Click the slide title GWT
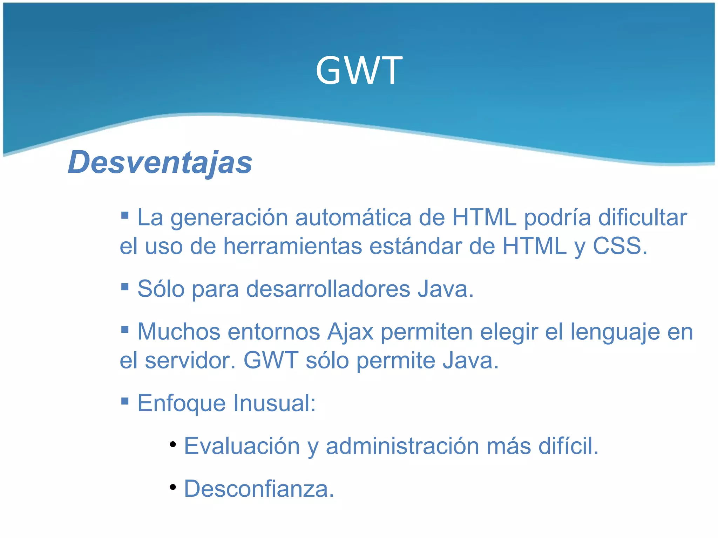pyautogui.click(x=359, y=71)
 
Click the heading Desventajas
pyautogui.click(x=160, y=163)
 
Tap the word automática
pyautogui.click(x=353, y=218)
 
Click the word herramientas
pyautogui.click(x=293, y=246)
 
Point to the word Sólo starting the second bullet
pyautogui.click(x=161, y=289)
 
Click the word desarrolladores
pyautogui.click(x=328, y=289)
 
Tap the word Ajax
pyautogui.click(x=350, y=332)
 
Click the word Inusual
pyautogui.click(x=275, y=403)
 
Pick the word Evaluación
pyautogui.click(x=242, y=446)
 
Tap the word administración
pyautogui.click(x=402, y=446)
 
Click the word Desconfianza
pyautogui.click(x=259, y=489)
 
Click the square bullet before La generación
pyautogui.click(x=125, y=215)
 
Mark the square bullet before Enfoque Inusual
pyautogui.click(x=125, y=400)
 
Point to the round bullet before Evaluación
pyautogui.click(x=172, y=444)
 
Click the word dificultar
pyautogui.click(x=642, y=218)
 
